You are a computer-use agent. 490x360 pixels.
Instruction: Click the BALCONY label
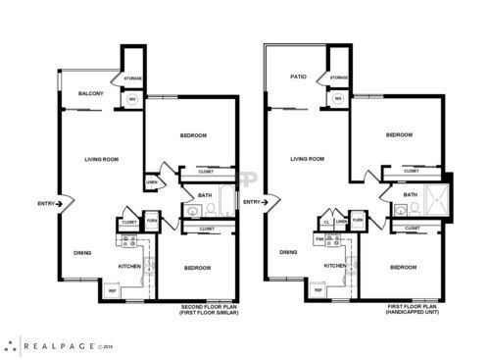click(x=90, y=94)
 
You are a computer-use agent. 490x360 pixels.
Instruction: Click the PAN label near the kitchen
click(x=319, y=237)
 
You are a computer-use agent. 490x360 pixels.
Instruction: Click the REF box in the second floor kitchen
click(x=112, y=291)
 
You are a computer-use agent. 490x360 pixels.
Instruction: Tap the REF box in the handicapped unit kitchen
click(x=316, y=291)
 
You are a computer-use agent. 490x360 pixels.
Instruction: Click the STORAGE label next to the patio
click(x=338, y=77)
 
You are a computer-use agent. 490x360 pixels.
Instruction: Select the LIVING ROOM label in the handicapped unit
click(x=308, y=158)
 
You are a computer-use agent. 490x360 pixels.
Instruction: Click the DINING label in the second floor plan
click(x=83, y=253)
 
